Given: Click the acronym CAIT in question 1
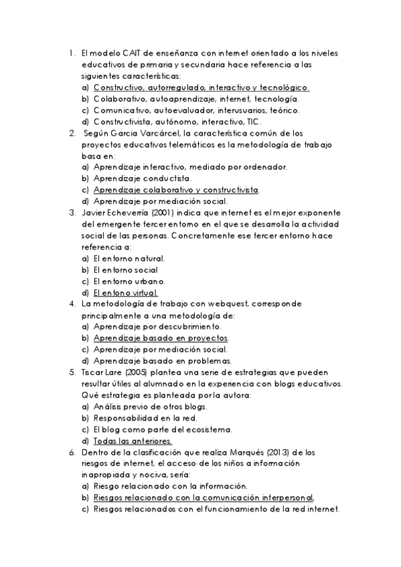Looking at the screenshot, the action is [132, 53].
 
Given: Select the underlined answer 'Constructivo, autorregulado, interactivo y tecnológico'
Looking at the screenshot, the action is [201, 87].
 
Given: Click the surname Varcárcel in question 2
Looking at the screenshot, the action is [157, 133].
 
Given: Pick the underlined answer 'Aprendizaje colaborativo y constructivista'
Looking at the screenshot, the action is [175, 190].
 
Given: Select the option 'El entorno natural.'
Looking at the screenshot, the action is [129, 258].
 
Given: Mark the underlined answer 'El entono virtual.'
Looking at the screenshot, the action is [125, 292].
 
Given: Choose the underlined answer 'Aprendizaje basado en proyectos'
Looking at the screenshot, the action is [161, 338].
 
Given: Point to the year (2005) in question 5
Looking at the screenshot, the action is [130, 372].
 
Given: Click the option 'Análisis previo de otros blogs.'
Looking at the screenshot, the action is [151, 406].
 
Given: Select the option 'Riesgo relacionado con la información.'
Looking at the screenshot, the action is [171, 485].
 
